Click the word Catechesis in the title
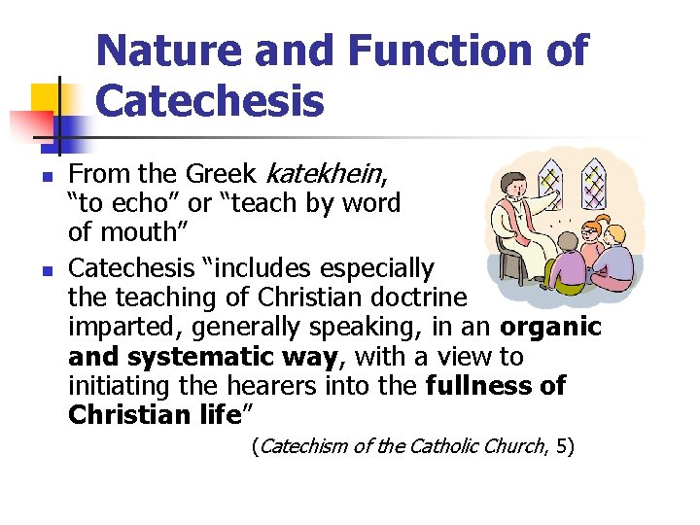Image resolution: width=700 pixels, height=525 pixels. coord(210,100)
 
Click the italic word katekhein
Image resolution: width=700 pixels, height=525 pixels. coord(324,175)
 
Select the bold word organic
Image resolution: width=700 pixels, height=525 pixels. coord(550,328)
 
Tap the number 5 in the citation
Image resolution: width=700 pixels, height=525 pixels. coord(565,447)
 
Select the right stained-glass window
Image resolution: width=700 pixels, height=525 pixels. coord(600,189)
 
